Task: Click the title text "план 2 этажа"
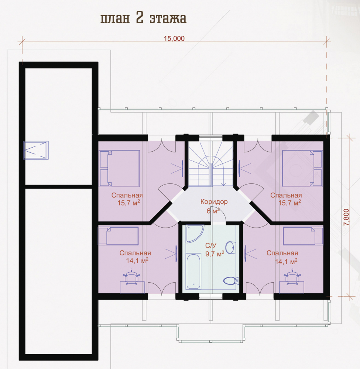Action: (143, 18)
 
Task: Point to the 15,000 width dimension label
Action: (174, 38)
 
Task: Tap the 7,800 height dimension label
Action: (346, 217)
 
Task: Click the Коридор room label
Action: (214, 202)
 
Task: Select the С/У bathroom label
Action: (210, 246)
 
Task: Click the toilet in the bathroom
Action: (231, 281)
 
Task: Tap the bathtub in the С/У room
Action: (193, 271)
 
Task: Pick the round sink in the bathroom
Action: (231, 248)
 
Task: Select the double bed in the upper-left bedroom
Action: (119, 169)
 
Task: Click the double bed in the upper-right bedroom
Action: (302, 169)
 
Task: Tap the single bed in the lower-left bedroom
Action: (119, 236)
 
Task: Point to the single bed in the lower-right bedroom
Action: (303, 236)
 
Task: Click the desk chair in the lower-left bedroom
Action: (131, 277)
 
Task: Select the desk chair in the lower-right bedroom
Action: (292, 277)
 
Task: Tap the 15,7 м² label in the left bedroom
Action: (129, 203)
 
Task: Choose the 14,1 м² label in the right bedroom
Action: (286, 261)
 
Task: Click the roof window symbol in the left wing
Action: (36, 150)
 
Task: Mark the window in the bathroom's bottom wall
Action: (211, 297)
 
